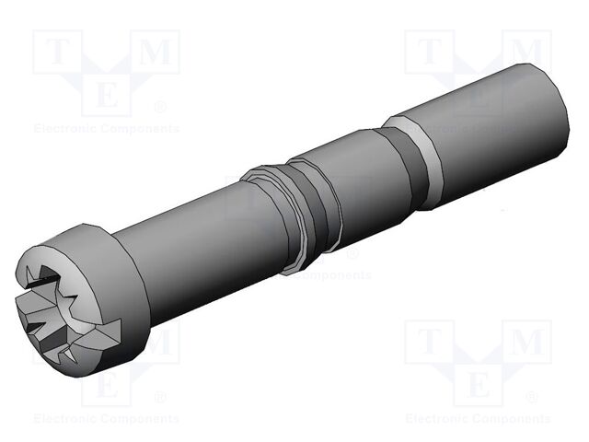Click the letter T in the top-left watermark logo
point(56,54)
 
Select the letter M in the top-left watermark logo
point(156,54)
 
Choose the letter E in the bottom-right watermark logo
point(478,382)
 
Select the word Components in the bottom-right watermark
point(510,418)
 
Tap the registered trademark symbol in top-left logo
point(161,106)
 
